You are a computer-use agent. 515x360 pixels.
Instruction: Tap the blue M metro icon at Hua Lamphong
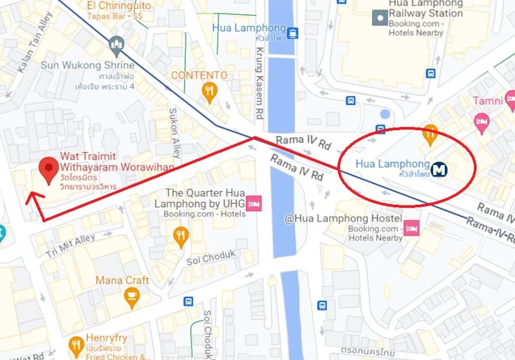point(440,169)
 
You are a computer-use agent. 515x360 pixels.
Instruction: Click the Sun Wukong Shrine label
point(88,65)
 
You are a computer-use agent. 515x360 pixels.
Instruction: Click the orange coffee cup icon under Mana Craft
point(131,297)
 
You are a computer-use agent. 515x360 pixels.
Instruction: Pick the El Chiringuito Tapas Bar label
point(120,10)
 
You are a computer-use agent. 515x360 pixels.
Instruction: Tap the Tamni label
point(487,101)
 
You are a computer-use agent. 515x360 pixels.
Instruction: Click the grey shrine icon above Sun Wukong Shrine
point(117,44)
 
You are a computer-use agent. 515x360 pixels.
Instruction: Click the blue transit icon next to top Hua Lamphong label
point(293,33)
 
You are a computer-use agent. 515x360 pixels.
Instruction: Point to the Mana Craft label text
point(122,280)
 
